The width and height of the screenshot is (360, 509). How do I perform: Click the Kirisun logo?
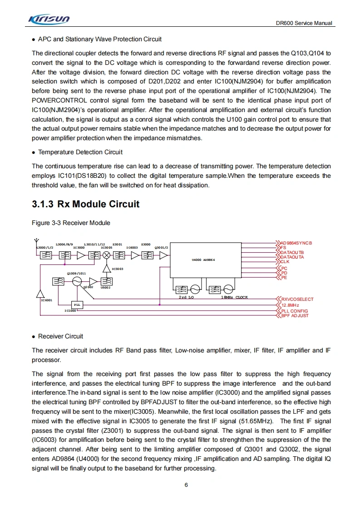[49, 19]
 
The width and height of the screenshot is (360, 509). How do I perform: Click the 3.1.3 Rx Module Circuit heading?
[86, 204]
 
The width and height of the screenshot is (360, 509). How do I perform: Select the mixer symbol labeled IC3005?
[107, 255]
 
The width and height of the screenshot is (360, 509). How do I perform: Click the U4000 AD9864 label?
[203, 259]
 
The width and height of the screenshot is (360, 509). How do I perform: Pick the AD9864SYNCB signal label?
[296, 243]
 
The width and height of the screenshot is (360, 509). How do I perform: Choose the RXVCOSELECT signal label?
[297, 299]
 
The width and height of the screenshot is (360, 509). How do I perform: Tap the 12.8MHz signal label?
[290, 305]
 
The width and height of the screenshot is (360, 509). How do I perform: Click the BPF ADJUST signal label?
[295, 316]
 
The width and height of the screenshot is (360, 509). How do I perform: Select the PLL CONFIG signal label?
[295, 311]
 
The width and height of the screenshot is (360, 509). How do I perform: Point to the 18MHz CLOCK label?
[234, 297]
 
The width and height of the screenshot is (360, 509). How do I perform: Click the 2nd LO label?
[186, 297]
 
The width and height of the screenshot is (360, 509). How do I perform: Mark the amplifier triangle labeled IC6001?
[41, 292]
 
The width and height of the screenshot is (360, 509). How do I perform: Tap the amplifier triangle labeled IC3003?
[107, 269]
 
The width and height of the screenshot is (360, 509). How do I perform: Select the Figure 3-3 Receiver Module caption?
[71, 223]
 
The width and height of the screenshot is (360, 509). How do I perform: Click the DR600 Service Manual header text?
[304, 23]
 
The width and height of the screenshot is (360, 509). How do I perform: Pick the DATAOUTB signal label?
[292, 253]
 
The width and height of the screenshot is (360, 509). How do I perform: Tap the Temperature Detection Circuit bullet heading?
[80, 152]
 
